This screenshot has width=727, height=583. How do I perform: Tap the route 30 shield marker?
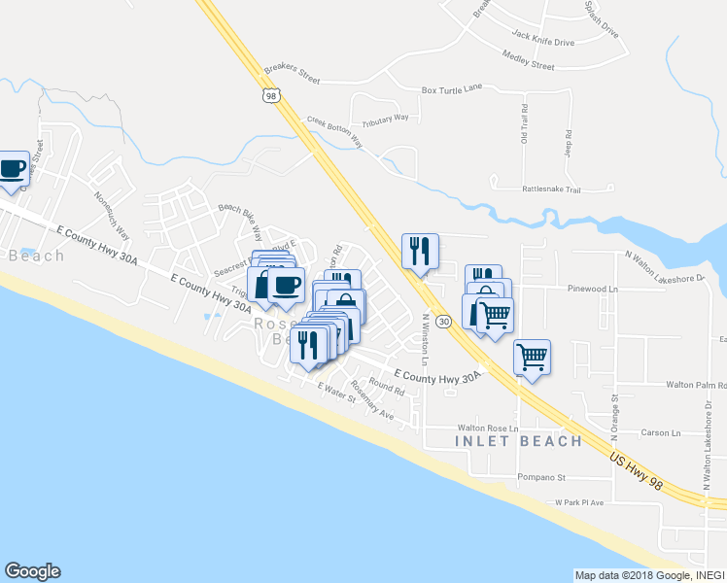pyautogui.click(x=443, y=321)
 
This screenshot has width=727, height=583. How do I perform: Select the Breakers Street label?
pyautogui.click(x=292, y=71)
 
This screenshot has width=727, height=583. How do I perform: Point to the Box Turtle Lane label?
pyautogui.click(x=451, y=89)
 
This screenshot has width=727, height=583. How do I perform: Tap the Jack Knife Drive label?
pyautogui.click(x=542, y=43)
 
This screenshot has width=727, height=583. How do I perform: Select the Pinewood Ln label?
pyautogui.click(x=593, y=290)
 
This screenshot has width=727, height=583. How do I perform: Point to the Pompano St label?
pyautogui.click(x=541, y=478)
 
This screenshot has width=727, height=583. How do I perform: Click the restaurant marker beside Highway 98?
pyautogui.click(x=420, y=252)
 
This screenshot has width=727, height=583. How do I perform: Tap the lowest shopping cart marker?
pyautogui.click(x=532, y=357)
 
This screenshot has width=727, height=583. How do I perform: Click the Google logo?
pyautogui.click(x=32, y=571)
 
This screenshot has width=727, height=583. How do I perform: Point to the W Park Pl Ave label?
pyautogui.click(x=579, y=503)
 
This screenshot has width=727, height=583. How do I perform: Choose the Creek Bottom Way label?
pyautogui.click(x=334, y=132)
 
